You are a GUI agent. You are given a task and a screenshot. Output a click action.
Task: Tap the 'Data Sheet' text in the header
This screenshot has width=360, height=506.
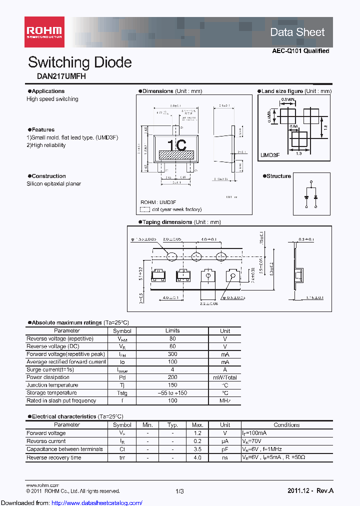(x=297, y=32)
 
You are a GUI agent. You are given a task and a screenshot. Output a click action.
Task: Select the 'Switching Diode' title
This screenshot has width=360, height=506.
(x=80, y=62)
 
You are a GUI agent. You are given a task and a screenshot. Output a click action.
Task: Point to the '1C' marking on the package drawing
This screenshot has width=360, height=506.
(x=176, y=145)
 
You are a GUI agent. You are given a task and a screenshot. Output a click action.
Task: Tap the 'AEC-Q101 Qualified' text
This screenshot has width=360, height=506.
(x=300, y=51)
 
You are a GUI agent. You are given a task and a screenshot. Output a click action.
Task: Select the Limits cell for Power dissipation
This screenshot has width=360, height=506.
(x=172, y=377)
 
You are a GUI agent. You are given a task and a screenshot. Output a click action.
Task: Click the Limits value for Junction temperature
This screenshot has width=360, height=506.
(x=172, y=385)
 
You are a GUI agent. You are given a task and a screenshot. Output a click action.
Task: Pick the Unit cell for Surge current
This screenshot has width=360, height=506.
(x=225, y=369)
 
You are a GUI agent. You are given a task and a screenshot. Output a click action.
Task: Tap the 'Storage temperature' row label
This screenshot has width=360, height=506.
(x=52, y=393)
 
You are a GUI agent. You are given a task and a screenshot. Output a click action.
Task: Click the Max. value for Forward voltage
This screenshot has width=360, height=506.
(x=197, y=433)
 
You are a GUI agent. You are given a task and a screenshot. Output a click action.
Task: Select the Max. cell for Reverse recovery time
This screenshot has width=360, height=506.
(x=197, y=457)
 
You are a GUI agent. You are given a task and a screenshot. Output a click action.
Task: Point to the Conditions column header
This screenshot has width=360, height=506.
(x=286, y=425)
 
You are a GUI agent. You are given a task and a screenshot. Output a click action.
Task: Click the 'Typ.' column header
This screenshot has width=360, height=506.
(x=172, y=425)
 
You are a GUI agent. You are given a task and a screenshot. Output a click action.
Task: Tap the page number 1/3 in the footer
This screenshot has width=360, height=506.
(x=180, y=491)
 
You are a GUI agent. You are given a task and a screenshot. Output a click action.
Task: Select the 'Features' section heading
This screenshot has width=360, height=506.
(x=43, y=129)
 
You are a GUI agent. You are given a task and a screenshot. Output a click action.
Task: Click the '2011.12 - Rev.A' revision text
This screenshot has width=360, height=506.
(x=310, y=491)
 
